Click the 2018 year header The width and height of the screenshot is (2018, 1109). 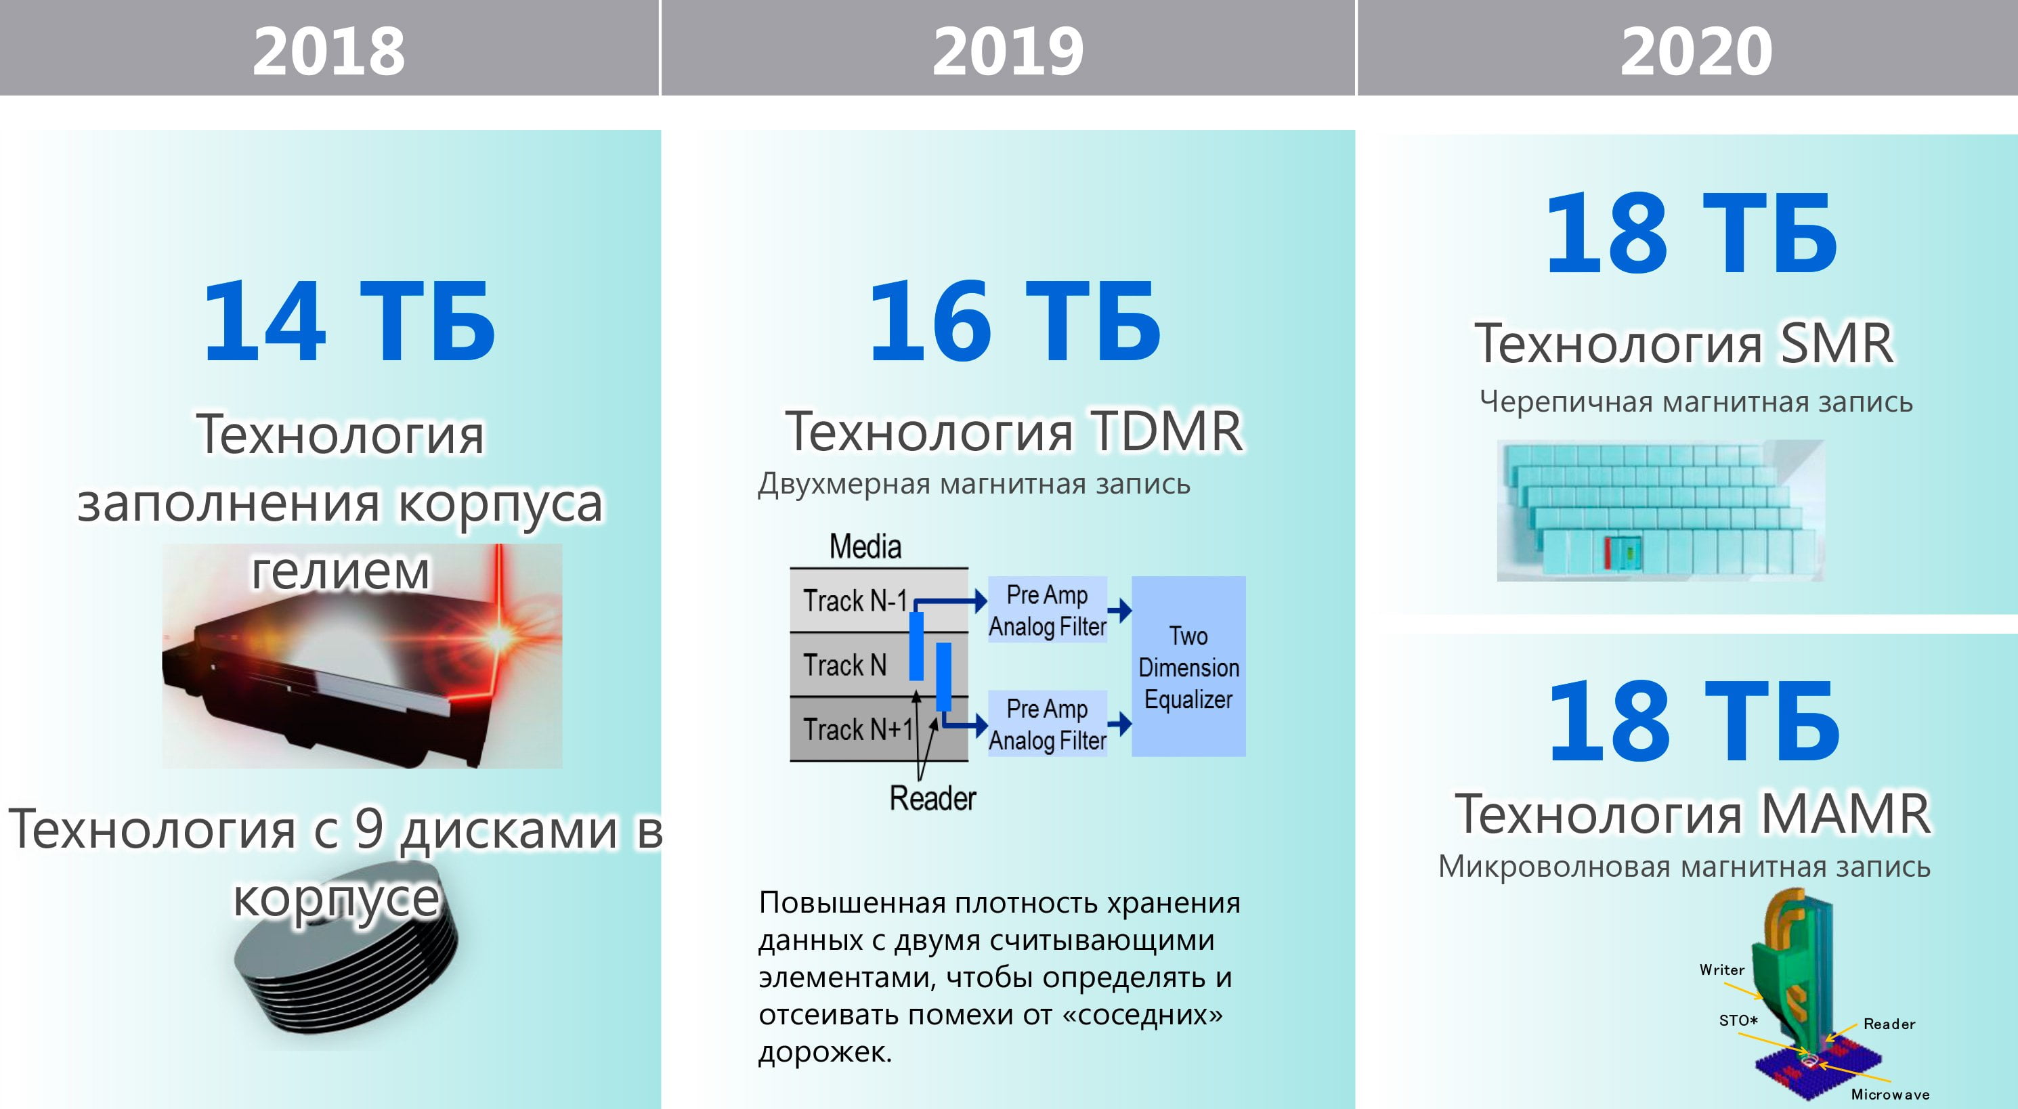point(329,51)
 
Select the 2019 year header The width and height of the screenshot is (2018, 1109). point(1008,51)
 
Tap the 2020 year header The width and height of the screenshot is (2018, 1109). point(1696,51)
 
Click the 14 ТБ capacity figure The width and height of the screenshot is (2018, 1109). point(349,321)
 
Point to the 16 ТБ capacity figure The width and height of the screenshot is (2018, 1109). point(1014,321)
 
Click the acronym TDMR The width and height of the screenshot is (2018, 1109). point(1167,431)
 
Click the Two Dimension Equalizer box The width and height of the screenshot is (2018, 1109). point(1188,666)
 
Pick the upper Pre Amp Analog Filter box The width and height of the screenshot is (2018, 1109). point(1048,610)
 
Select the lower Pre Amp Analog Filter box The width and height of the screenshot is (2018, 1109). point(1048,724)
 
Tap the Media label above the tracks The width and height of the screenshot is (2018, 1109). point(865,546)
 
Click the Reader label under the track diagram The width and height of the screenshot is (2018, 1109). point(932,798)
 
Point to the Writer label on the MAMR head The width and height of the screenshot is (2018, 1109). point(1722,970)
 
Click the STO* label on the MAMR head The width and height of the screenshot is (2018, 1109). point(1738,1020)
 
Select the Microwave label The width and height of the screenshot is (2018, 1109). point(1890,1094)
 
